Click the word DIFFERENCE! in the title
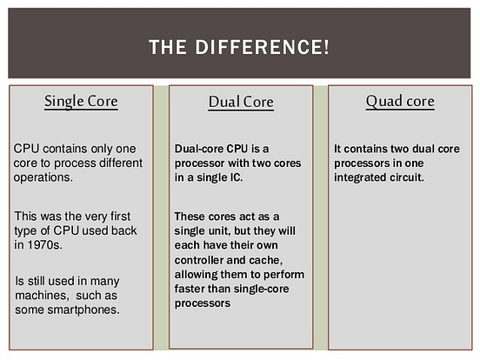pyautogui.click(x=267, y=47)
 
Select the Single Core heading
pyautogui.click(x=81, y=102)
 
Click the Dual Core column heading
pyautogui.click(x=241, y=103)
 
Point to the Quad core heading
pyautogui.click(x=399, y=102)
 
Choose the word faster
pyautogui.click(x=191, y=291)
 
